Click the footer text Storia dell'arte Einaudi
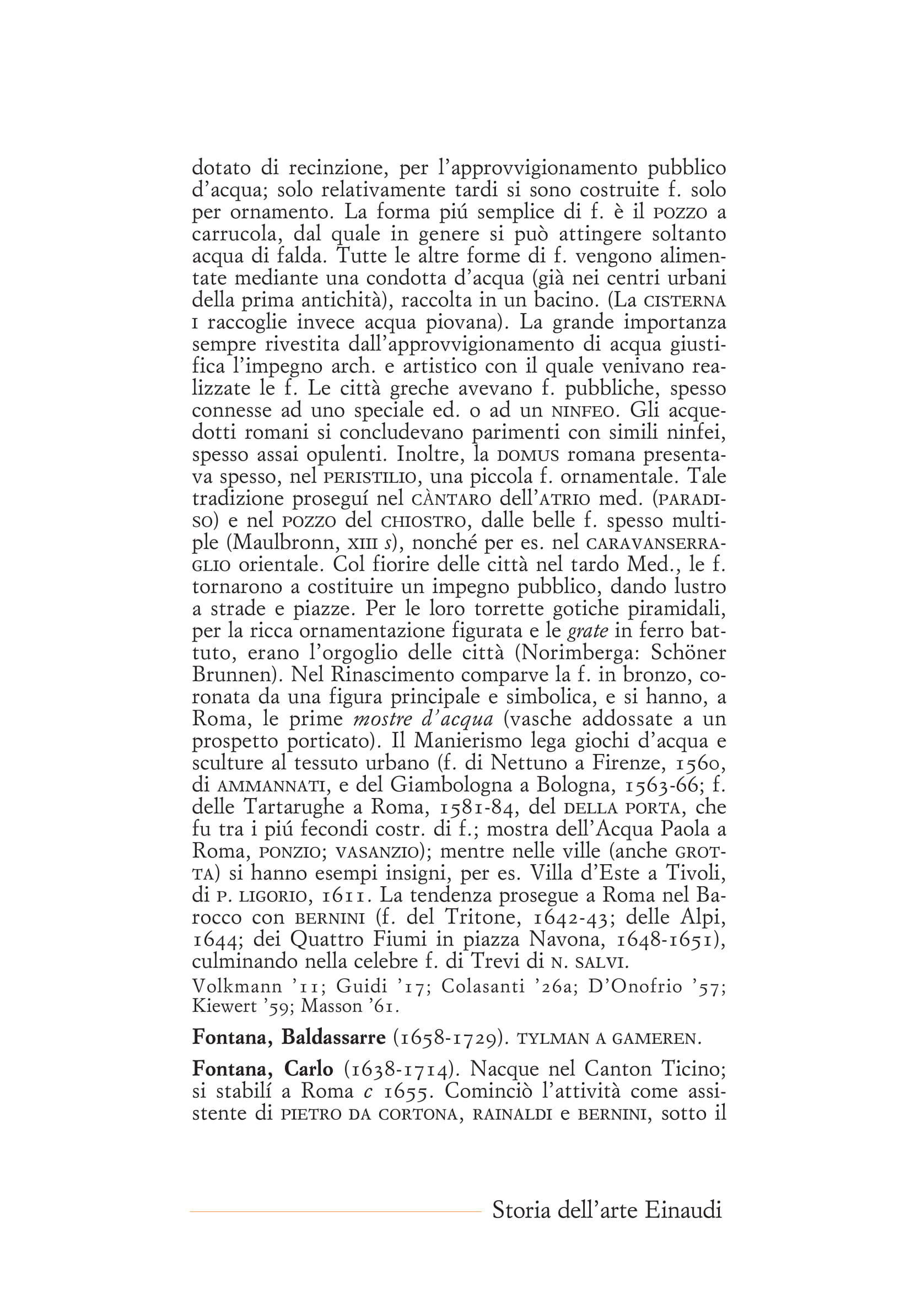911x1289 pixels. point(606,1210)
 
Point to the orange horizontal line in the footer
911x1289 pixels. point(335,1211)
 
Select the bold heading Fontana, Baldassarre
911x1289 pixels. point(289,1038)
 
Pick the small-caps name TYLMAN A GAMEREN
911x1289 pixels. point(608,1039)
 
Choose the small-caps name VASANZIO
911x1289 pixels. point(376,851)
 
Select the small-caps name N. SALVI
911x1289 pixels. point(587,962)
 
